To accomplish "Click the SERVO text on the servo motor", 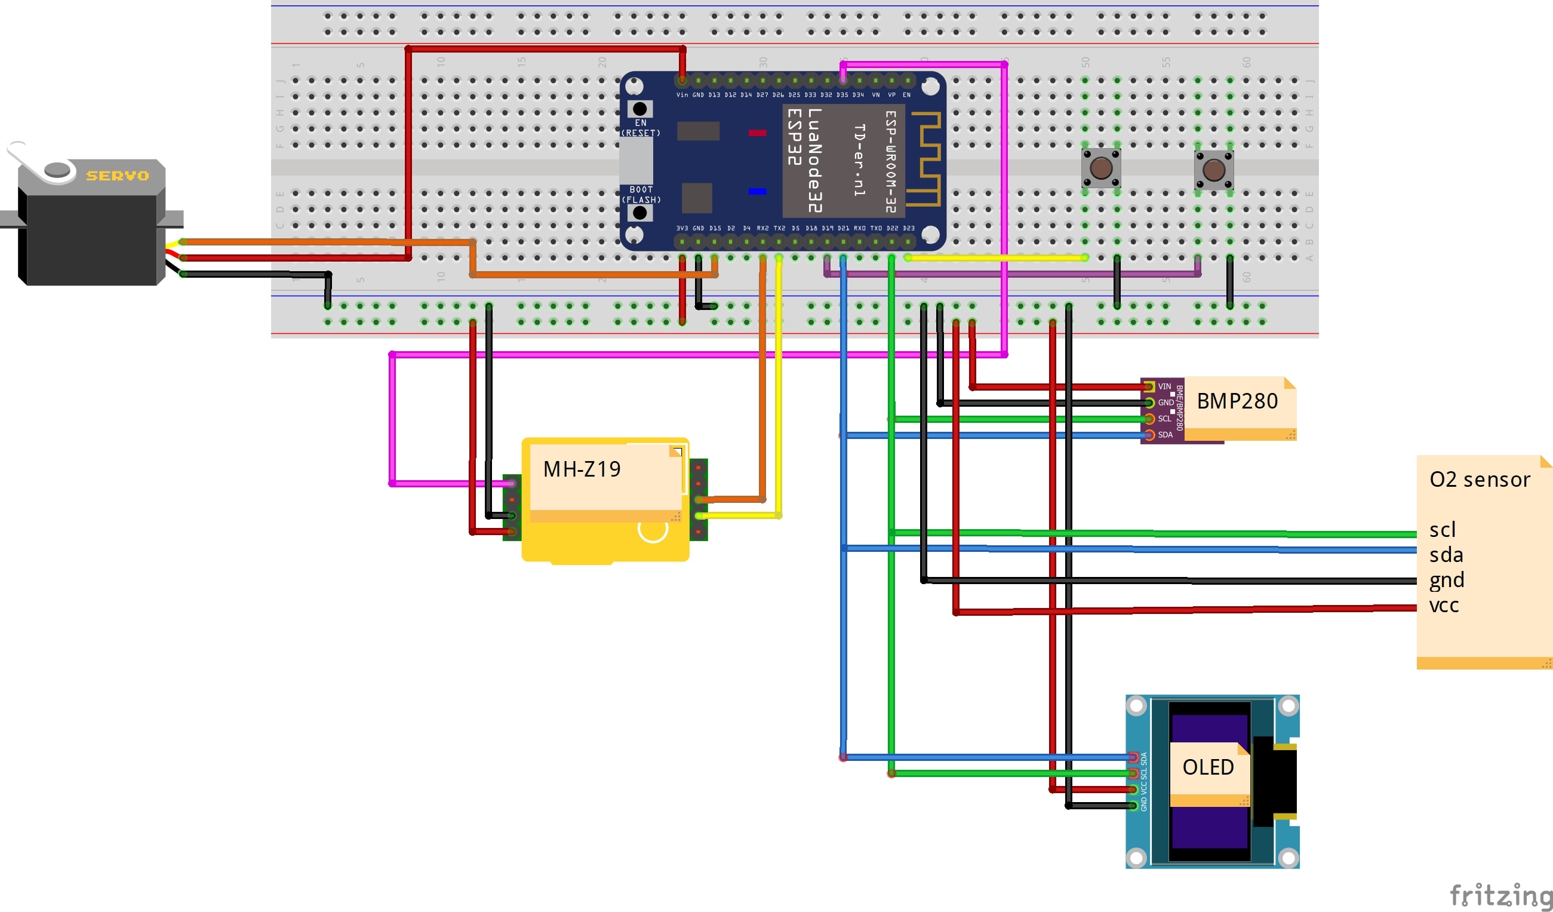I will tap(117, 176).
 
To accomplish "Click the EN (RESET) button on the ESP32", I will tap(639, 109).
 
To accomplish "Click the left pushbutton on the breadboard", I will tap(1101, 167).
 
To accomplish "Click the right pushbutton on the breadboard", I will tap(1213, 170).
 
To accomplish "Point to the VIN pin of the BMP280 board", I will tap(1149, 386).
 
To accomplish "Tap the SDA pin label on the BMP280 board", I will tap(1165, 435).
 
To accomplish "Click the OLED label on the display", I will tap(1208, 767).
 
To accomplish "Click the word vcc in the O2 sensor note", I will tap(1444, 605).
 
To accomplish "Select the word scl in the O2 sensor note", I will tap(1442, 530).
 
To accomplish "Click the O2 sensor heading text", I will tap(1479, 480).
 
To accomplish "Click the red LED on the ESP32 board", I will tap(756, 133).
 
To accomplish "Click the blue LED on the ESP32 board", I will tap(756, 191).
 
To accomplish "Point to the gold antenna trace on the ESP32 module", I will tap(926, 158).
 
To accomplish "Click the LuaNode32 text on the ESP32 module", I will tap(814, 160).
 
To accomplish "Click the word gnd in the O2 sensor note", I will tap(1446, 581).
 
